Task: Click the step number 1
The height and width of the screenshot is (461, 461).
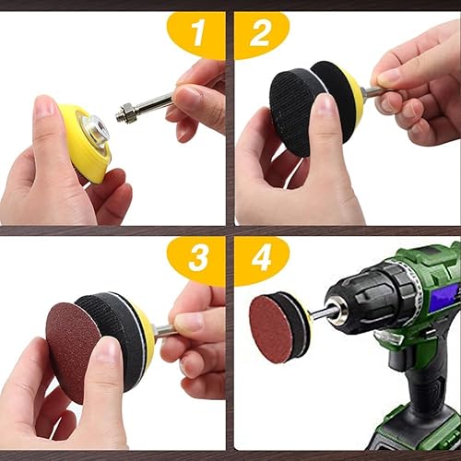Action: click(197, 35)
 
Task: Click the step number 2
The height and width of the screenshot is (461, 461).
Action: click(260, 35)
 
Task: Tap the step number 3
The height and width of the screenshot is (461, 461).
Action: click(197, 259)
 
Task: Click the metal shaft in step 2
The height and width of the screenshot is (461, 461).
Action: click(371, 91)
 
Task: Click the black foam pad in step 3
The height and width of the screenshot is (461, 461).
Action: click(114, 332)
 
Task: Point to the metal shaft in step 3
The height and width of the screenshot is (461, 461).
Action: click(163, 329)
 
